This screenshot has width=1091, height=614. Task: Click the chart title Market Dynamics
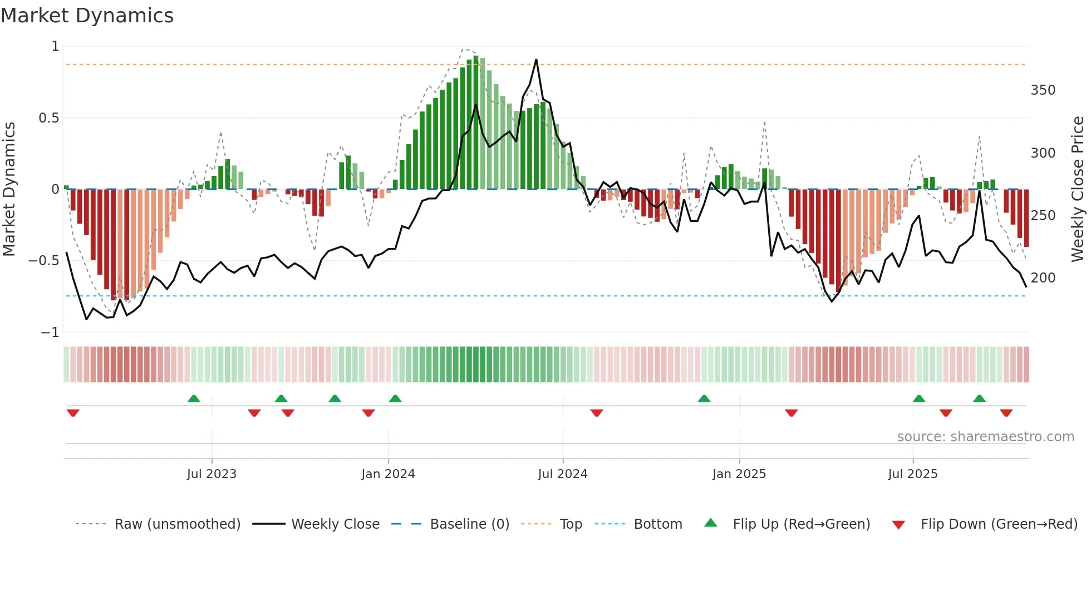87,16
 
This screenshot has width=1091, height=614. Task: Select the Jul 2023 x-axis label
212,474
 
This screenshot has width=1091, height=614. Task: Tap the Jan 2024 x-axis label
388,474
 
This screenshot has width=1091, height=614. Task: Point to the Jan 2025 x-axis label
739,474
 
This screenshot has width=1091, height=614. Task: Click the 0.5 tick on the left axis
48,118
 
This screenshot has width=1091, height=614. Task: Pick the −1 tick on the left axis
50,333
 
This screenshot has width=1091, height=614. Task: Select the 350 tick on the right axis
1043,90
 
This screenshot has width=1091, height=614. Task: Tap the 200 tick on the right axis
1043,278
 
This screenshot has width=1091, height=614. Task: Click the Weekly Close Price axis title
1078,189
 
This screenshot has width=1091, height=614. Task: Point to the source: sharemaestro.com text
985,437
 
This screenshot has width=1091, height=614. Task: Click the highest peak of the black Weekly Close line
536,60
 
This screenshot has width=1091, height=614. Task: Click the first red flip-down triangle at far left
73,413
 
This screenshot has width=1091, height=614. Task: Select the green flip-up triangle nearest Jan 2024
395,398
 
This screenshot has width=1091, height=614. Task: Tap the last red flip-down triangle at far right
1006,413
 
